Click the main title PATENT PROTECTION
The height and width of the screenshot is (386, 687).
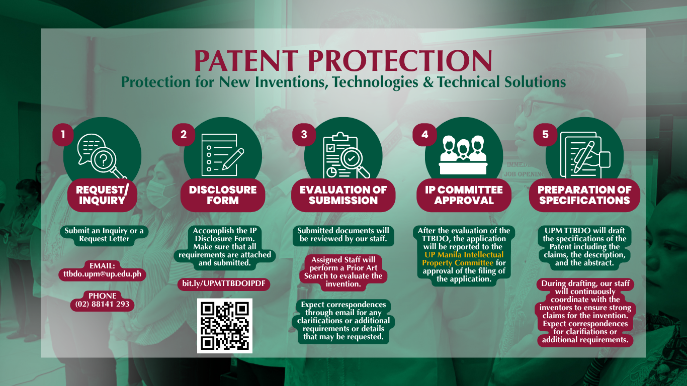tap(343, 61)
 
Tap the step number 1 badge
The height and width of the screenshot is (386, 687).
tap(63, 135)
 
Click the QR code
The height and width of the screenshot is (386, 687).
tap(224, 326)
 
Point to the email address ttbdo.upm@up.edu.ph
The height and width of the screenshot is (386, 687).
tap(103, 274)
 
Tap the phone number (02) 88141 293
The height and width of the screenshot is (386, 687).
tap(102, 304)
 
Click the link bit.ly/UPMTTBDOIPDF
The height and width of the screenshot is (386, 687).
tap(224, 284)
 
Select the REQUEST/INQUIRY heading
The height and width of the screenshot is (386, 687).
tap(102, 195)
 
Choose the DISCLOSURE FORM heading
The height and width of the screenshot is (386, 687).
tap(223, 195)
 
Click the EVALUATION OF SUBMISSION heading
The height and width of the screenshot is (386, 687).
tap(343, 195)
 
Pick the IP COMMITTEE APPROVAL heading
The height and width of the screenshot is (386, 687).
tap(464, 195)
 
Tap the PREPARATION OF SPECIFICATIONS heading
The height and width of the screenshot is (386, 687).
tap(584, 195)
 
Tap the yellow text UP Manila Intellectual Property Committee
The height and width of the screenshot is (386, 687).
tap(463, 259)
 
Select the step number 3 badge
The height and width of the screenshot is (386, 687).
tap(304, 135)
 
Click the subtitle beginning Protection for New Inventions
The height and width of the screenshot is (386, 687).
tap(343, 82)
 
